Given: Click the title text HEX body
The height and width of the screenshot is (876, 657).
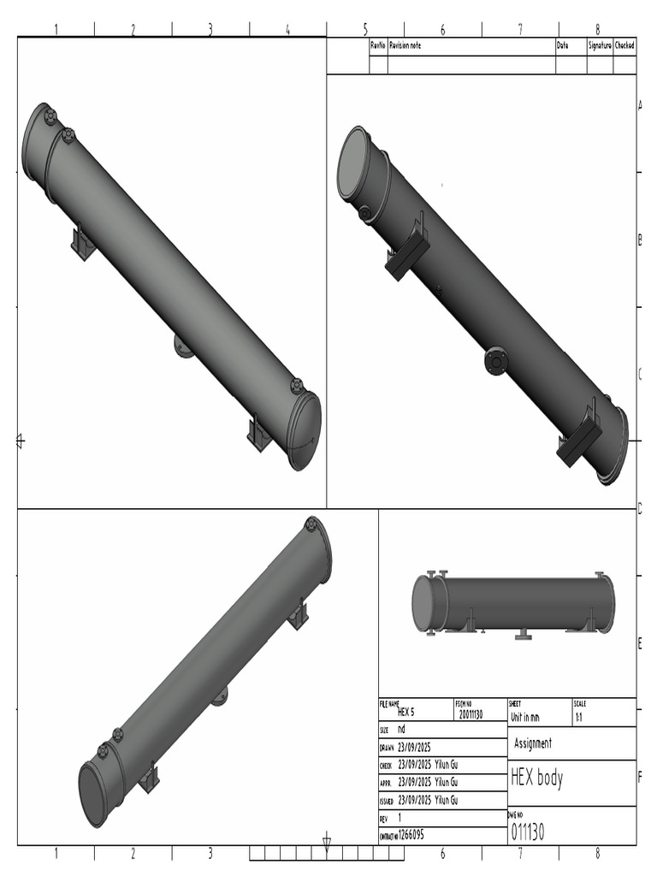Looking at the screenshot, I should (x=536, y=778).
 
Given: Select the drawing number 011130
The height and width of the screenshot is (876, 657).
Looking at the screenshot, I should (x=527, y=832).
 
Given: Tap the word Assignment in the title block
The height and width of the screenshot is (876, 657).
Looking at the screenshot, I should (x=532, y=743).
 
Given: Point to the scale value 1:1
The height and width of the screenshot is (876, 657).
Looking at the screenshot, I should (x=579, y=718).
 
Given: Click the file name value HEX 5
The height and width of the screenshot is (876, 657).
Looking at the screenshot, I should (x=405, y=712).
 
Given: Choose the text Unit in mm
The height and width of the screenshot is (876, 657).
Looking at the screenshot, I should (x=524, y=718).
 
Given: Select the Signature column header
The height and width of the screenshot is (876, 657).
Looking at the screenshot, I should (x=599, y=45).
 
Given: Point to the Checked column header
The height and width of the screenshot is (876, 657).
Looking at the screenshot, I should (x=624, y=45).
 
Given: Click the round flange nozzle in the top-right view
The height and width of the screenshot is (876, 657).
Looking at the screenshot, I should (x=495, y=361).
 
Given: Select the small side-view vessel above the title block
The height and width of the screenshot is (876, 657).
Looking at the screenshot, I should (x=512, y=604).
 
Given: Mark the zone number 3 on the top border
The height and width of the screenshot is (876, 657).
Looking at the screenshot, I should (x=210, y=29).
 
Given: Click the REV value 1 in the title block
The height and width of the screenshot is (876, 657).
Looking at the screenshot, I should (x=400, y=818).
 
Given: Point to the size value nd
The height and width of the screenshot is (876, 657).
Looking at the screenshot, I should (x=401, y=730).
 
